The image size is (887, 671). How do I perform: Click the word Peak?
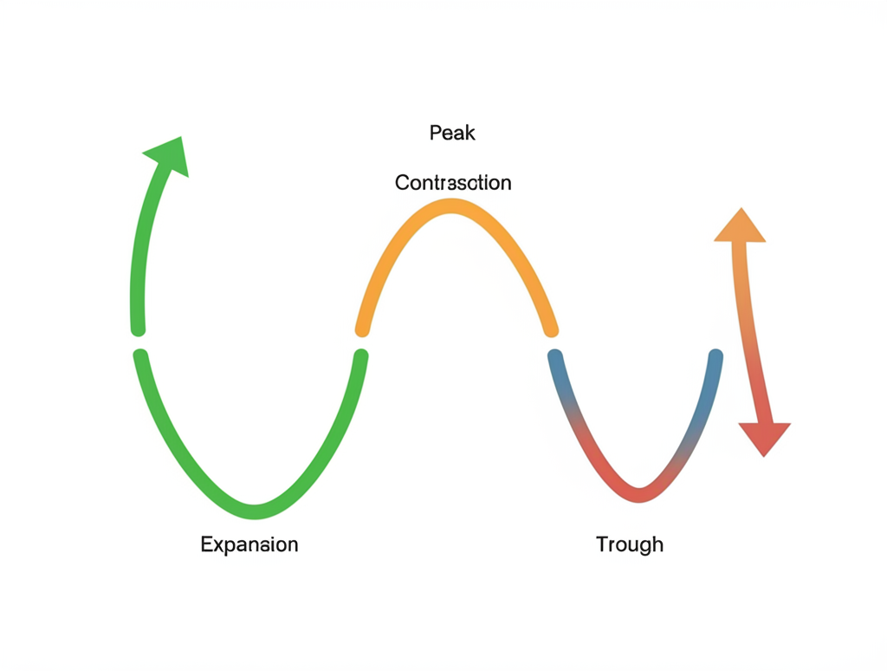tap(452, 134)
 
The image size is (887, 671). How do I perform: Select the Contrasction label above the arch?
tap(453, 183)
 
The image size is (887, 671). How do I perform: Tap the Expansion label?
tap(249, 544)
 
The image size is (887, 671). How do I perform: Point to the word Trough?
tap(630, 544)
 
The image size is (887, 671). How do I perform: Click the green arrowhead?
tap(170, 156)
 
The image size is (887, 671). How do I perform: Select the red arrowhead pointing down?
tap(764, 437)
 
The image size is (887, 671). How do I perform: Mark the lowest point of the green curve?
tap(254, 511)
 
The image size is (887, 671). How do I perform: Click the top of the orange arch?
tap(450, 206)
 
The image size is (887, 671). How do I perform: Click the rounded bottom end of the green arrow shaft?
tap(137, 329)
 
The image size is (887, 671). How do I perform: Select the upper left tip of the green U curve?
tap(139, 355)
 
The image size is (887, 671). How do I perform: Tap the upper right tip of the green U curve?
tap(361, 355)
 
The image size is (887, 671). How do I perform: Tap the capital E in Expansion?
tap(206, 544)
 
